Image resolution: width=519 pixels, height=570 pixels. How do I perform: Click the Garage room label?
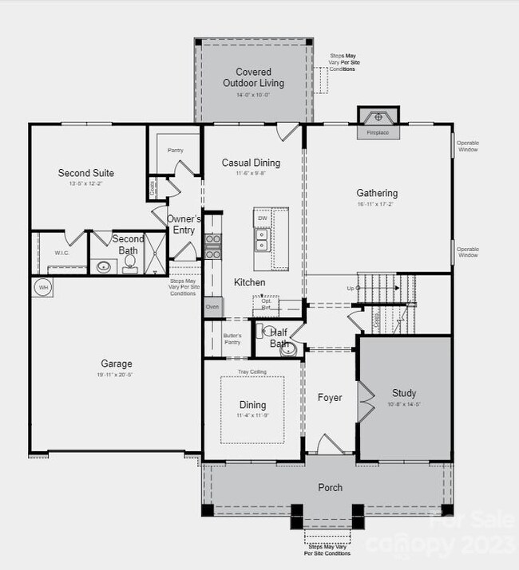click(116, 364)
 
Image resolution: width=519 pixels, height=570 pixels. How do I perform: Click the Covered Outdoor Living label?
click(253, 77)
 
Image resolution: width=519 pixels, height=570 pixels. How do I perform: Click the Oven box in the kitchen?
click(212, 306)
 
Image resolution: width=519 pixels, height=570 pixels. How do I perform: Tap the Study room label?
click(403, 393)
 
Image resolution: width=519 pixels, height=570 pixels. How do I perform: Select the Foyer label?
click(330, 398)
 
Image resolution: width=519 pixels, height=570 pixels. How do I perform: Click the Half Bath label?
click(279, 338)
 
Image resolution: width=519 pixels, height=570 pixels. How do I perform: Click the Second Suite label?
click(86, 173)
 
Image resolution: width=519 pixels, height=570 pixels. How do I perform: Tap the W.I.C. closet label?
click(63, 254)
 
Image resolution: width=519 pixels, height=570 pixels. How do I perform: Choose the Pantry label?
click(176, 150)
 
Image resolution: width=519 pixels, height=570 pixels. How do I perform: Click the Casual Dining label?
click(251, 163)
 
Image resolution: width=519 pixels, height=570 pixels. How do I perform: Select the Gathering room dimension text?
click(377, 205)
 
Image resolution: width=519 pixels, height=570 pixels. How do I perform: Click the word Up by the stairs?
click(349, 288)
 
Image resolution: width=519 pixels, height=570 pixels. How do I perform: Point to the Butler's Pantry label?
click(232, 339)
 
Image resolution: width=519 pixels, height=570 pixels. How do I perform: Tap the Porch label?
click(331, 487)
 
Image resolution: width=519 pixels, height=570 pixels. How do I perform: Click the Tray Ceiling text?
click(252, 372)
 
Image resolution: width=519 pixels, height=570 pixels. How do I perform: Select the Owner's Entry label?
click(184, 224)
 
